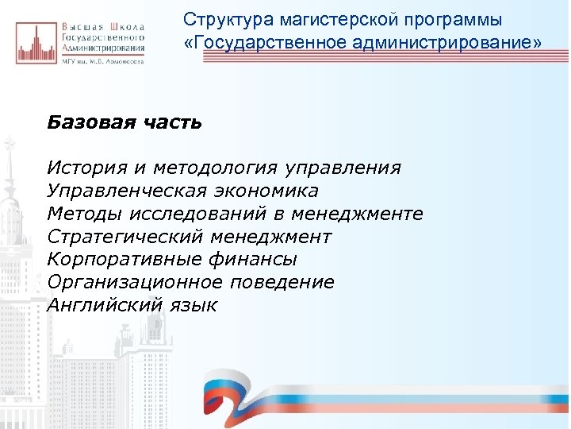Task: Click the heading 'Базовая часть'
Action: (x=125, y=122)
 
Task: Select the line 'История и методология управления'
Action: (x=224, y=168)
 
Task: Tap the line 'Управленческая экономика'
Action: (x=182, y=191)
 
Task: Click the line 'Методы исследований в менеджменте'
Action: (x=235, y=214)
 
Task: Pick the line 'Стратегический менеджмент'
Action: (x=190, y=237)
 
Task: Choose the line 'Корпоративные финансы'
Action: (x=172, y=260)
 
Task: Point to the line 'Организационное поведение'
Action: (x=190, y=283)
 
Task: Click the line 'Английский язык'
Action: (x=132, y=306)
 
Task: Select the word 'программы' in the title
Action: (x=423, y=18)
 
